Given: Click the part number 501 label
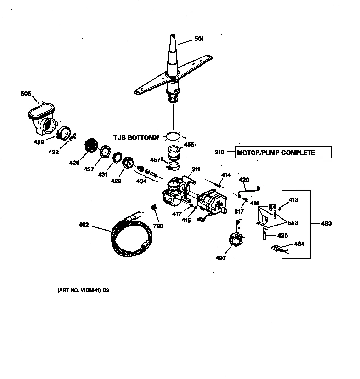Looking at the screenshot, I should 199,39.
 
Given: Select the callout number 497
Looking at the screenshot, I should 221,258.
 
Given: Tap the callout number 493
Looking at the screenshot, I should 326,224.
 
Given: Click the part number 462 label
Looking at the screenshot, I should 84,225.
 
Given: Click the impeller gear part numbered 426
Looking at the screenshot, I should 92,147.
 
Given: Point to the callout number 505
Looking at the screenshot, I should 26,94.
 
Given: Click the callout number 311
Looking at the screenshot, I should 196,170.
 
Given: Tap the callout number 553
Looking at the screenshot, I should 292,223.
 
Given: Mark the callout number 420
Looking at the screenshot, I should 244,179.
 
